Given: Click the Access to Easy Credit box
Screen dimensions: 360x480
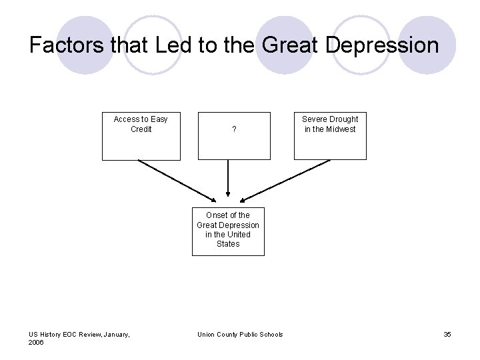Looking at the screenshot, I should click(140, 136).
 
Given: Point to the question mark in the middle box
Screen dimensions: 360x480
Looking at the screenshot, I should click(234, 129).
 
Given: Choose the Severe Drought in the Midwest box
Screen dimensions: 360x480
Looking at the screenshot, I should click(330, 136).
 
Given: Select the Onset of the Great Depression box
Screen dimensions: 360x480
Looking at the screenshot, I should click(228, 231).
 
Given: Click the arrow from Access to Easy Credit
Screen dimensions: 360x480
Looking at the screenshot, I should click(177, 181).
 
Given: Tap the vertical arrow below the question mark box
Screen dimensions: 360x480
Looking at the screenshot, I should click(228, 179).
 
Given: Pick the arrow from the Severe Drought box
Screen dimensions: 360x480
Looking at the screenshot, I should click(285, 181).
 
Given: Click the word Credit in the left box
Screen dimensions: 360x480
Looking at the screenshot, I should click(141, 129).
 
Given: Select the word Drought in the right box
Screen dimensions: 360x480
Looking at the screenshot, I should click(342, 119).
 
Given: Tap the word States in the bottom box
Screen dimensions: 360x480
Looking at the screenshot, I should click(228, 244).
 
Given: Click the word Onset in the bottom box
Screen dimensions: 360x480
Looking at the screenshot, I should click(217, 215).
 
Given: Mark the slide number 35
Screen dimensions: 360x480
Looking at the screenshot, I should click(447, 334).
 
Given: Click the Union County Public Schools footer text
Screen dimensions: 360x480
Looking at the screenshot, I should click(240, 334).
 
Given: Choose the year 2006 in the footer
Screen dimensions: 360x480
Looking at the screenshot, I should click(37, 342).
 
